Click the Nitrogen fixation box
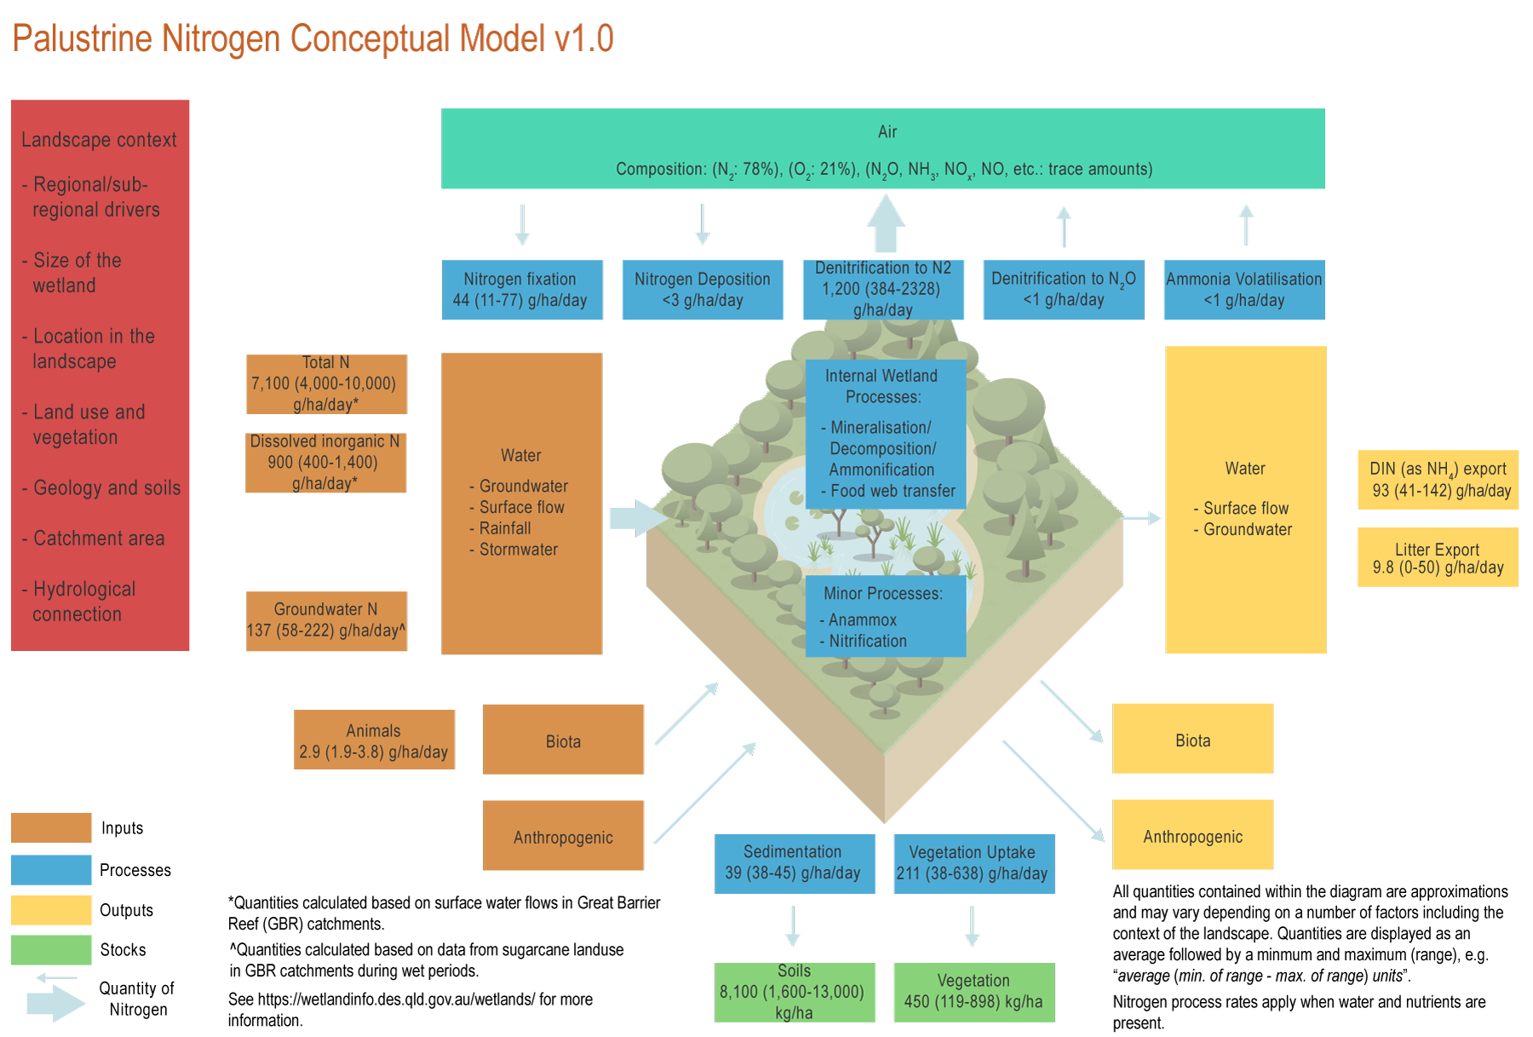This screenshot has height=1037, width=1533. [x=521, y=290]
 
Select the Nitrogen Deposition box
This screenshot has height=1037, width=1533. [x=702, y=290]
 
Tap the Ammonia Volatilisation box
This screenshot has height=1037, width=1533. [x=1243, y=290]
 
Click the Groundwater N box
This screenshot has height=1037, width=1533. [x=326, y=620]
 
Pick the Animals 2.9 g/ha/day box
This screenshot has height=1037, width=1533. [x=374, y=740]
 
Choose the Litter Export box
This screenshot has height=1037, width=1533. [x=1438, y=557]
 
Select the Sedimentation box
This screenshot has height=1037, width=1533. [x=795, y=863]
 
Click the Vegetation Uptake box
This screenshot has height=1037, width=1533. [x=973, y=863]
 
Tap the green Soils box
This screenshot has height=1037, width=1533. [x=795, y=992]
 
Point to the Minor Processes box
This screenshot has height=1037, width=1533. [x=885, y=616]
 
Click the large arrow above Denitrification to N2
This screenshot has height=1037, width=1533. [x=886, y=223]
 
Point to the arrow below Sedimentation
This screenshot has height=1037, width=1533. [x=793, y=926]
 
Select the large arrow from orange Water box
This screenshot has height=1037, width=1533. [x=637, y=518]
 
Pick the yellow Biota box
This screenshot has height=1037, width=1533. [x=1192, y=738]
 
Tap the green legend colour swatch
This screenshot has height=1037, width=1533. [x=51, y=949]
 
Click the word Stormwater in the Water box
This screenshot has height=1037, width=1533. [x=518, y=550]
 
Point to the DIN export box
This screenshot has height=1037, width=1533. [x=1438, y=479]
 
